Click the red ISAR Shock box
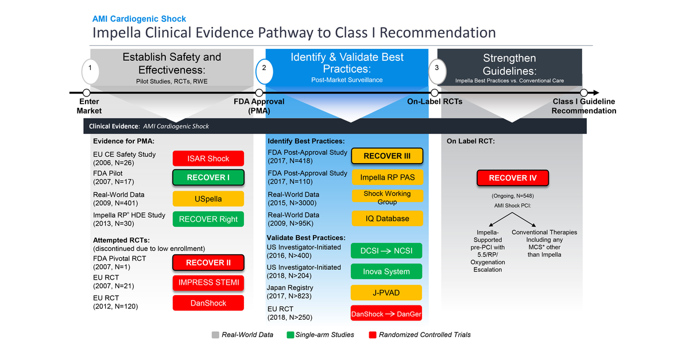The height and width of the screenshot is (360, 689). click(208, 158)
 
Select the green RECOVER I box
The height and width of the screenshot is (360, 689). click(208, 177)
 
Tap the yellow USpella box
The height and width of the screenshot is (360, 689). click(208, 199)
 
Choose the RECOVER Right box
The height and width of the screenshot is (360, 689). click(208, 219)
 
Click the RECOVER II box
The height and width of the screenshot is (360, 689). click(208, 263)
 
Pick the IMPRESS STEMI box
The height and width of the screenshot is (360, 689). click(208, 282)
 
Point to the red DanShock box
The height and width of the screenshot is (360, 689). click(208, 303)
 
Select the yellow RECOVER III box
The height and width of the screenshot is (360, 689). click(386, 156)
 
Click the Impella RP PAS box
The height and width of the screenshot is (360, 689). click(386, 177)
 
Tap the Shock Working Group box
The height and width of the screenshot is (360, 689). click(386, 198)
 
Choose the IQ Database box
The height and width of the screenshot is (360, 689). click(386, 218)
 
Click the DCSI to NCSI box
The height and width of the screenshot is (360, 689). click(386, 251)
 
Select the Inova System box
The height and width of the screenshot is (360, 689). click(386, 272)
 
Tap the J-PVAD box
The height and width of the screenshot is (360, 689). click(386, 293)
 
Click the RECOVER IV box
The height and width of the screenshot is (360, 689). click(512, 178)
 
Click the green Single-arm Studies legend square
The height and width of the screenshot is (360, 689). click(291, 335)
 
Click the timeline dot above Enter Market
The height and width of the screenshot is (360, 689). click(86, 92)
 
